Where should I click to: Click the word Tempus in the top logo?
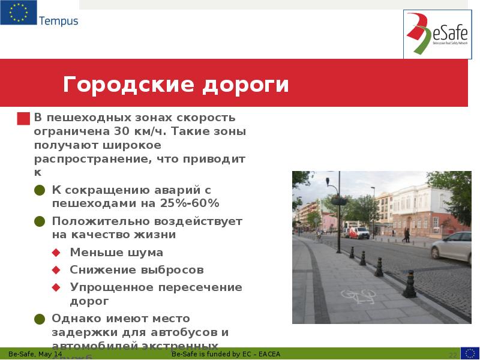coord(58,21)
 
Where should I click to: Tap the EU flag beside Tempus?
coord(18,13)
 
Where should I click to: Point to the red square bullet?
coord(23,118)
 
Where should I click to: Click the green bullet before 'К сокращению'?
coord(40,190)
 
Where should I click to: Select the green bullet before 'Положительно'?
coord(40,221)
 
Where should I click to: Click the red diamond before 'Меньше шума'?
coord(56,253)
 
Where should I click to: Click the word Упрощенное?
coord(110,287)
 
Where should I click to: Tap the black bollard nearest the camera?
coord(410,284)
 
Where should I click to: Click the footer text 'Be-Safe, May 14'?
coord(35,354)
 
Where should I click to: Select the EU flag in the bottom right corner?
coord(470,353)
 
